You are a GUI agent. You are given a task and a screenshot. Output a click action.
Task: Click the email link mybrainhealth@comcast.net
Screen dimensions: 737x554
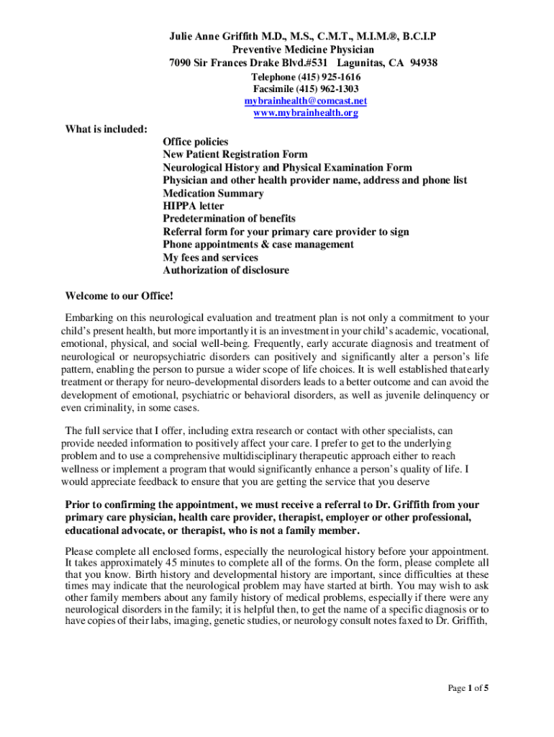tap(305, 101)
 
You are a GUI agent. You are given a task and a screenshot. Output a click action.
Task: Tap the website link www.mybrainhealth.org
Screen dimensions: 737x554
tap(305, 113)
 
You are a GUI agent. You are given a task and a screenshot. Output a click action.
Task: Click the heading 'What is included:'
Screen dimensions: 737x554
tap(106, 129)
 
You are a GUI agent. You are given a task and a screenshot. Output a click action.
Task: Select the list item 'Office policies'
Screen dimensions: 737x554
tap(195, 142)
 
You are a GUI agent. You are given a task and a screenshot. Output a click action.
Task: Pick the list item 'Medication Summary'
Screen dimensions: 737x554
tap(213, 193)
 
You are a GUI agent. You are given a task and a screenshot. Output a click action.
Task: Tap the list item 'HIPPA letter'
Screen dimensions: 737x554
tap(193, 206)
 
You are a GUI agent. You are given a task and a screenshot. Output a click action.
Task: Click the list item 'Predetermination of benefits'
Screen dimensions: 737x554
tap(229, 219)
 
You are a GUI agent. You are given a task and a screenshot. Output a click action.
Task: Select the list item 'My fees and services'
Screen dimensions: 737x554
tap(210, 258)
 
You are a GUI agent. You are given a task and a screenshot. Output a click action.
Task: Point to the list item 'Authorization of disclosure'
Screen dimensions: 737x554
tap(226, 271)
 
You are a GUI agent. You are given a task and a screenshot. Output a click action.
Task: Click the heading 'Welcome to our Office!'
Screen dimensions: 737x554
tap(119, 296)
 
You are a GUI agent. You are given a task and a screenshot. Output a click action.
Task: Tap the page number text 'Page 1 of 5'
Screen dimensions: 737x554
tap(468, 688)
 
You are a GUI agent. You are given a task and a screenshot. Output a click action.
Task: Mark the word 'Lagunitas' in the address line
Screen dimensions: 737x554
tap(354, 63)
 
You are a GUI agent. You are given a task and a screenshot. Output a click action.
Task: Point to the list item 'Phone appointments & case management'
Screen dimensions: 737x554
tap(258, 245)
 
